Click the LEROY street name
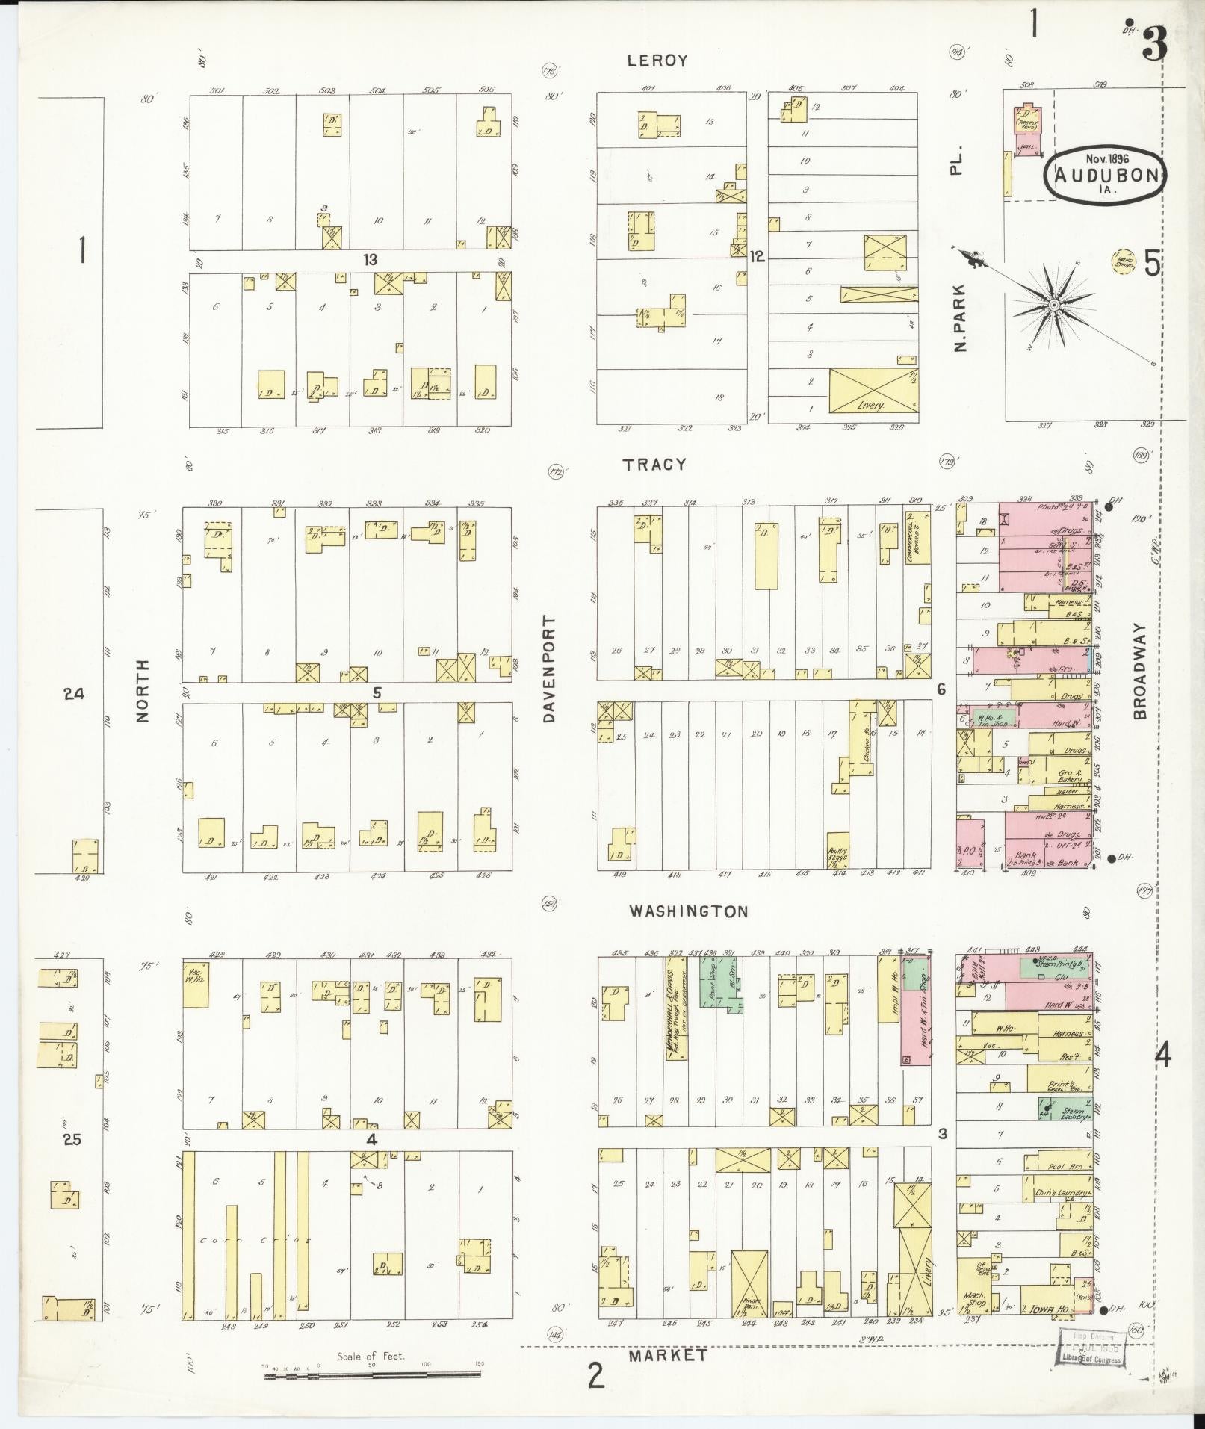[x=657, y=61]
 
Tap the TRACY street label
[x=655, y=465]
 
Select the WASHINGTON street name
[x=688, y=911]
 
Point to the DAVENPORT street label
[x=551, y=669]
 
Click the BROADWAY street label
[x=1139, y=672]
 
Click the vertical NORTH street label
[x=143, y=689]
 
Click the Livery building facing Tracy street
[x=873, y=391]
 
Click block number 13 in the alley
[x=370, y=260]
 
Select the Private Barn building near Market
[x=749, y=1285]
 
